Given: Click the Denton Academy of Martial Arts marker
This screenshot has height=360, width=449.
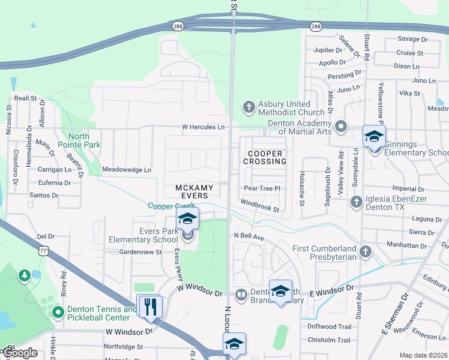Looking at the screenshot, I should pos(341,127).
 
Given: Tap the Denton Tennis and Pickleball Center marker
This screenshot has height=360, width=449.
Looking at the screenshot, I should pos(58,313).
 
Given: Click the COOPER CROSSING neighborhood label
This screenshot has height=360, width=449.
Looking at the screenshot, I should pos(265,157).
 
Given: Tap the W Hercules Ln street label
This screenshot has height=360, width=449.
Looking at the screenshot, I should pos(203,127).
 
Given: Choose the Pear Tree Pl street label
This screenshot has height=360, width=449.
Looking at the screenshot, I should pos(262,188).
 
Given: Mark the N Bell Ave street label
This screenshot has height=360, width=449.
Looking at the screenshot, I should pos(249,237).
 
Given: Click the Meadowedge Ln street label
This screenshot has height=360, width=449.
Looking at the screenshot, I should pos(127,170).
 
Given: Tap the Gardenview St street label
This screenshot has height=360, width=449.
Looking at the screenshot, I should pos(140,252).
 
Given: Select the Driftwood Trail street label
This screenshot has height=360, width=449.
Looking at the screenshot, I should pos(329,326).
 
